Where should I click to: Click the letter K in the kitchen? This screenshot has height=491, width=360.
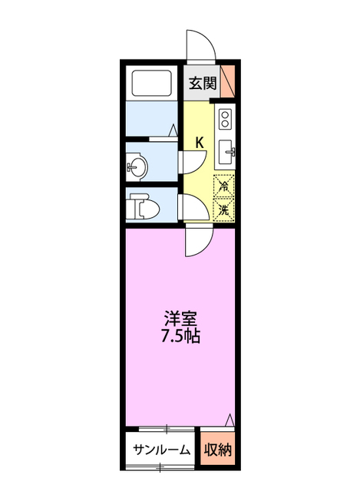point(199,143)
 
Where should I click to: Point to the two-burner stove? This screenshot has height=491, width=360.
point(226,119)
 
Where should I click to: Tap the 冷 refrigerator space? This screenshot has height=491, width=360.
point(225,185)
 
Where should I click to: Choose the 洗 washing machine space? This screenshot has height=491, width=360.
point(225,208)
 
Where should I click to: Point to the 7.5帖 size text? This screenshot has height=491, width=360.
point(180,337)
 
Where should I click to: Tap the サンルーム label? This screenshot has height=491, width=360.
point(160,450)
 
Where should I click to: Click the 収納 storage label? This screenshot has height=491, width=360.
point(219,450)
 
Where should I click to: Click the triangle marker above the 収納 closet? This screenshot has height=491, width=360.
point(230,419)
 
